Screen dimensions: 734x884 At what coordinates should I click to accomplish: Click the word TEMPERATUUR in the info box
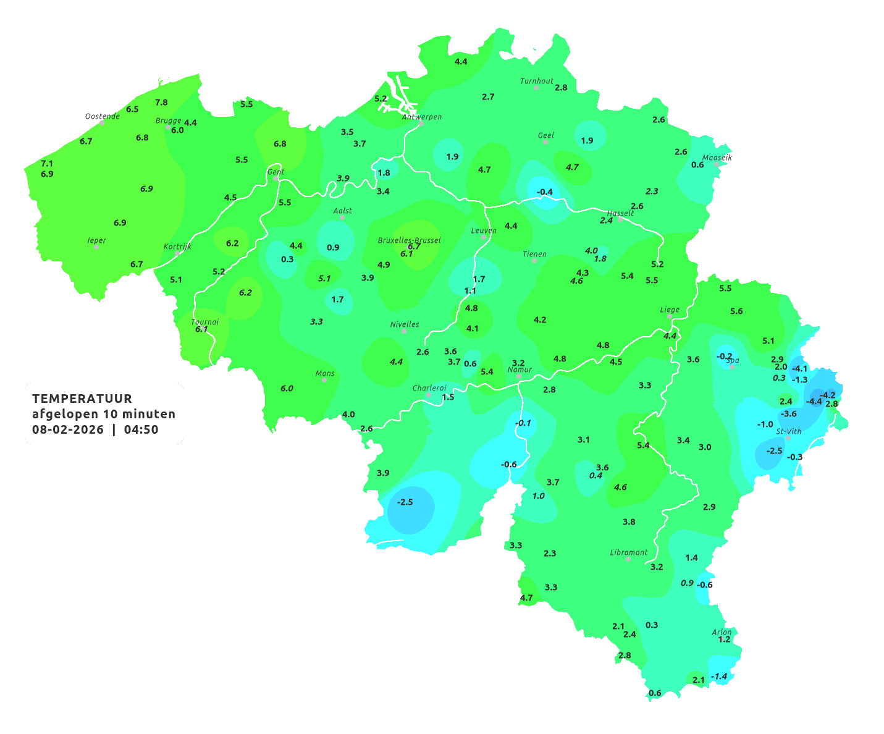coord(82,399)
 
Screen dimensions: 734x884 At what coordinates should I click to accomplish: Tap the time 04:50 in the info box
coord(141,429)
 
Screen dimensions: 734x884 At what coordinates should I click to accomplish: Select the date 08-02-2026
coord(68,429)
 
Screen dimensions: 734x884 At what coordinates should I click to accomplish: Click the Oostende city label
coord(102,116)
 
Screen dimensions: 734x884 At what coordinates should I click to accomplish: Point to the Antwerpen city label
coord(422,116)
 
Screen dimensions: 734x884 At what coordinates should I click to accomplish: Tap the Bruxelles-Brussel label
coord(409,240)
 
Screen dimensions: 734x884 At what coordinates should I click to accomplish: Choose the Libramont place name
coord(629,552)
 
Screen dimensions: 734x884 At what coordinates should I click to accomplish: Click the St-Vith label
coord(789,431)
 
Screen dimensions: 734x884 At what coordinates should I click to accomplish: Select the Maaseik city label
coord(717,158)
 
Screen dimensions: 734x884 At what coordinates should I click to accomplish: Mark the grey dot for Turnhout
coord(536,88)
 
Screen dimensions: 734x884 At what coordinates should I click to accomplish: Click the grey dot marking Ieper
coord(96,247)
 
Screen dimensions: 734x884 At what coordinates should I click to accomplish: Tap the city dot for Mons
coord(324,380)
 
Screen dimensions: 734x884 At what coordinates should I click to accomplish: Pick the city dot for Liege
coord(670,316)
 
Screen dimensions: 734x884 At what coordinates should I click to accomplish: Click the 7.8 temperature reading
coord(161,102)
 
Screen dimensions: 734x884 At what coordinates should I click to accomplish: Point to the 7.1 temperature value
coord(47,163)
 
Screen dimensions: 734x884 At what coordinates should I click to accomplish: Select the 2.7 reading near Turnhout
coord(488,96)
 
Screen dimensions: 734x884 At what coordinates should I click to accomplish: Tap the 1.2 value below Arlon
coord(724,639)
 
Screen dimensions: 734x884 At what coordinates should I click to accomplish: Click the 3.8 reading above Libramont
coord(629,521)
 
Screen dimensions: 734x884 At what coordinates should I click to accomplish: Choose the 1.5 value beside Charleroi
coord(448,397)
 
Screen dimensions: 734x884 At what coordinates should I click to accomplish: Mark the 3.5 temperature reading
coord(347,132)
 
